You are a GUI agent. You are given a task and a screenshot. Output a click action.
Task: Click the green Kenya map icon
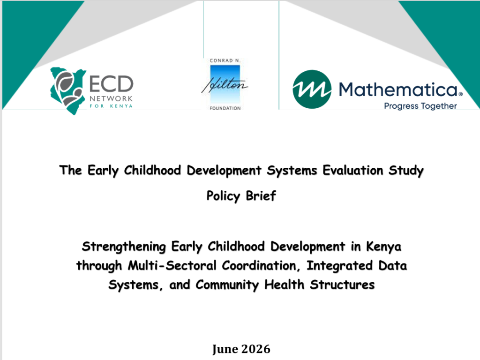67,91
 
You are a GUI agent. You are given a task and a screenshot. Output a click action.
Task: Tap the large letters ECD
112,84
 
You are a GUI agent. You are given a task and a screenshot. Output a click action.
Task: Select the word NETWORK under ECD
111,98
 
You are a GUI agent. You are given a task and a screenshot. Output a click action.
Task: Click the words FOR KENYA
111,106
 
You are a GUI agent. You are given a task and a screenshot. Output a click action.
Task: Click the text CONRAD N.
225,60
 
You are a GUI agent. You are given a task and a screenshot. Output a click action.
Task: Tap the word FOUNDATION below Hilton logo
225,108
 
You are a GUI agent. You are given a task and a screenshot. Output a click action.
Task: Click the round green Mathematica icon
312,90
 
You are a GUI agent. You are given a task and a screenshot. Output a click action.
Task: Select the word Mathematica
398,90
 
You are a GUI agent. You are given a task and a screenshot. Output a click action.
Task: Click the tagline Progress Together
420,106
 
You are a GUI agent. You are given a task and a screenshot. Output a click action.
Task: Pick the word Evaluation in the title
352,170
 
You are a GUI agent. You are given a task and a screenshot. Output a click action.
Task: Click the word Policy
223,196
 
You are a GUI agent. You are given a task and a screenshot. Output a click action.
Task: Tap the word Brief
261,195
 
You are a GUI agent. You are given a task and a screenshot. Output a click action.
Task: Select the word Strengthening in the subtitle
124,247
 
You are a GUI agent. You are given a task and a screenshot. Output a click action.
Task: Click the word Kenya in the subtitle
383,247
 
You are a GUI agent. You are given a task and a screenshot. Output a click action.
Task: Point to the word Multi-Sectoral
172,265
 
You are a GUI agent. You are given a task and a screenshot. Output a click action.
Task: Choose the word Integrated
339,266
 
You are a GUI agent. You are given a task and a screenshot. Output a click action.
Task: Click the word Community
227,285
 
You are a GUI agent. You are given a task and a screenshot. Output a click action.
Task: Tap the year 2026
255,349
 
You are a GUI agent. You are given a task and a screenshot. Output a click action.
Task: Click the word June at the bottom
225,349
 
